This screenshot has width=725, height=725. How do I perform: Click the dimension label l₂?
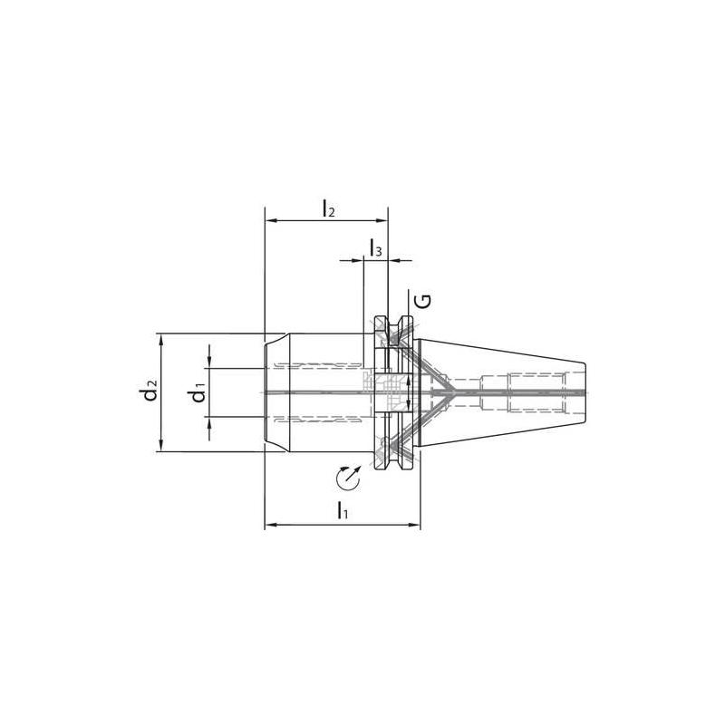(328, 208)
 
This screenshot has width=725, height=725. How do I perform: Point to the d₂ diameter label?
(148, 392)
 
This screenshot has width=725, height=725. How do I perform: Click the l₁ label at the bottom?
(342, 513)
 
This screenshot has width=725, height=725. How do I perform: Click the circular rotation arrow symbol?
(346, 477)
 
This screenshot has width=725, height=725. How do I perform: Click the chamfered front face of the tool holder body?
(268, 392)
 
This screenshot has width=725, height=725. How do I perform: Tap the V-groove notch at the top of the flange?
(392, 326)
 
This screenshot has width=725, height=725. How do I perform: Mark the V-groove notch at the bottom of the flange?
(392, 459)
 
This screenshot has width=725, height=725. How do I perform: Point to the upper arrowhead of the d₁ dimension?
(209, 362)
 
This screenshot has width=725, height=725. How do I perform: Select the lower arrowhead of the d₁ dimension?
(209, 422)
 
